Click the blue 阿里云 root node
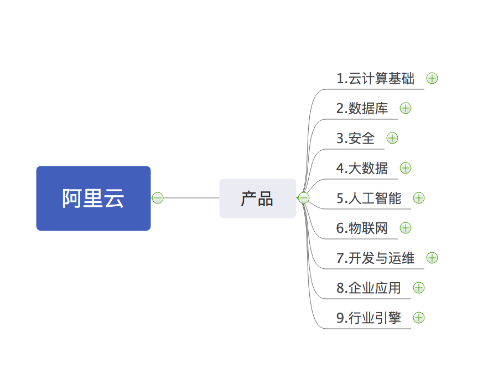coord(94,198)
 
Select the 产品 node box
coord(258,198)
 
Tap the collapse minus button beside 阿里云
coord(158,198)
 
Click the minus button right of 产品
coord(303,198)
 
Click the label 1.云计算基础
coord(375,78)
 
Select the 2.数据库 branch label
coord(362,108)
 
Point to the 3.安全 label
coord(355,138)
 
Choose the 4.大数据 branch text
coord(362,168)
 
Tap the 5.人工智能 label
coord(369,198)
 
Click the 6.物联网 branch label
coord(362,228)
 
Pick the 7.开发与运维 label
coord(375,258)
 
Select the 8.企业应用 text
coord(369,288)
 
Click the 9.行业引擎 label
coord(369,318)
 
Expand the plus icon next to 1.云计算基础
coord(432,78)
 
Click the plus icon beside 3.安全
coord(392,138)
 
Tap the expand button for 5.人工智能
coord(419,198)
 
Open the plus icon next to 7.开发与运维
coord(432,258)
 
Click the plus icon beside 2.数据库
coord(406,108)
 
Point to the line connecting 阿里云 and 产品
coord(191,198)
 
